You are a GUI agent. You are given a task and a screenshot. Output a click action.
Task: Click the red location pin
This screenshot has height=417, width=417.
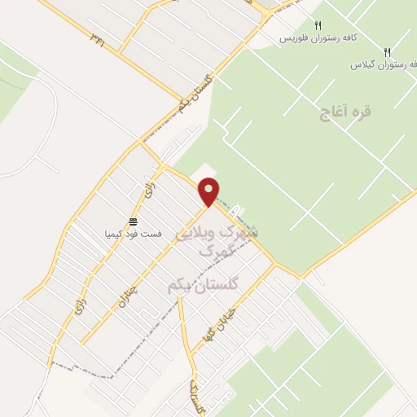pos(209,191)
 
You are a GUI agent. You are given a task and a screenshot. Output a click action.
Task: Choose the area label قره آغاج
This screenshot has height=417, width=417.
pos(345,112)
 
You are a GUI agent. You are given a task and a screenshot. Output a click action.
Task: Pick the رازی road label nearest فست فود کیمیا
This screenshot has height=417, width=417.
pos(148,194)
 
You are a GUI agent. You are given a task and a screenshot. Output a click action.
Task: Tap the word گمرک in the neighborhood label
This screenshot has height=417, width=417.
pos(219,251)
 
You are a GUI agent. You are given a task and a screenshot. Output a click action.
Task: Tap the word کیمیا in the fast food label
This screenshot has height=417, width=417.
pos(115,234)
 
